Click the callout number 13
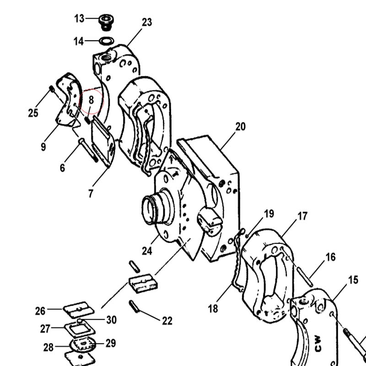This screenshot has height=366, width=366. (x=79, y=18)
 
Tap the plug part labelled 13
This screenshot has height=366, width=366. (x=106, y=22)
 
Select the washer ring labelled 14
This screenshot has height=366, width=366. (x=107, y=41)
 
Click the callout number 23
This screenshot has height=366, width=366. (x=147, y=22)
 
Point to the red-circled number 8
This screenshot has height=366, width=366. (x=91, y=100)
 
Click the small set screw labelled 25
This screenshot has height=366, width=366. (x=52, y=89)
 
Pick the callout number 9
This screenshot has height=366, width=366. (x=43, y=147)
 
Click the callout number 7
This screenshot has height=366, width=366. (x=91, y=194)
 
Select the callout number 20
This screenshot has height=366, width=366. (x=241, y=127)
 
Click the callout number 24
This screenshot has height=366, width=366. (x=147, y=251)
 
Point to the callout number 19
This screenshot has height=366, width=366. (x=269, y=214)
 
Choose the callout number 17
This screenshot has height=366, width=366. (x=302, y=216)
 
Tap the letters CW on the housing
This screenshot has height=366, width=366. (x=318, y=344)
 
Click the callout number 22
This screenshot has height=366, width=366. (x=167, y=321)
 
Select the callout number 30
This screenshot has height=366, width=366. (x=111, y=320)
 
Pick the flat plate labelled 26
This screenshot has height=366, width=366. (x=78, y=310)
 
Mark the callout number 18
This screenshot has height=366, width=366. (x=213, y=308)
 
